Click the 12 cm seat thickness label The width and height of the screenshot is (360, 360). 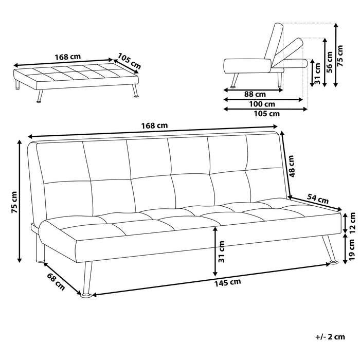click(x=352, y=222)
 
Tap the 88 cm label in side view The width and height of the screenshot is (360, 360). click(x=255, y=94)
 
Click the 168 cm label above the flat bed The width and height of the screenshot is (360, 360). click(x=68, y=57)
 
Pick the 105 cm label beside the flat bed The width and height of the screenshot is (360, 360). click(x=129, y=60)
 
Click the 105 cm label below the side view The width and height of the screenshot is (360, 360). click(x=267, y=114)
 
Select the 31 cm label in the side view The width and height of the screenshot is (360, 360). click(x=316, y=73)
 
